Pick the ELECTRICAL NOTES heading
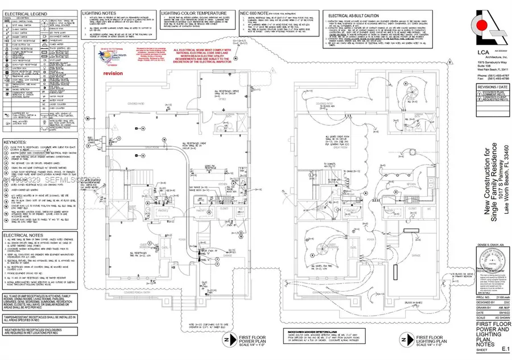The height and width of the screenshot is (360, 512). [x=22, y=234]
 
